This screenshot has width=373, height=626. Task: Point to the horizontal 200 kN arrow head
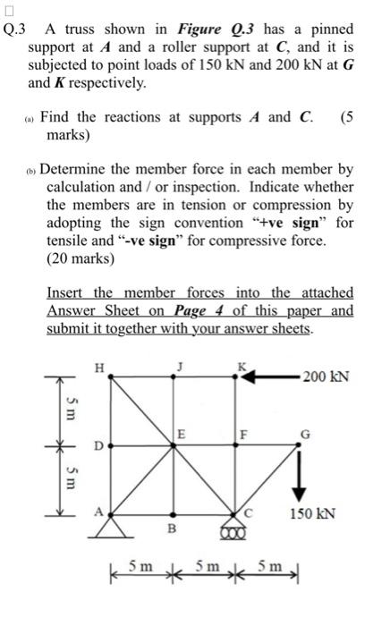247,376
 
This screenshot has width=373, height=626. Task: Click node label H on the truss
100,365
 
